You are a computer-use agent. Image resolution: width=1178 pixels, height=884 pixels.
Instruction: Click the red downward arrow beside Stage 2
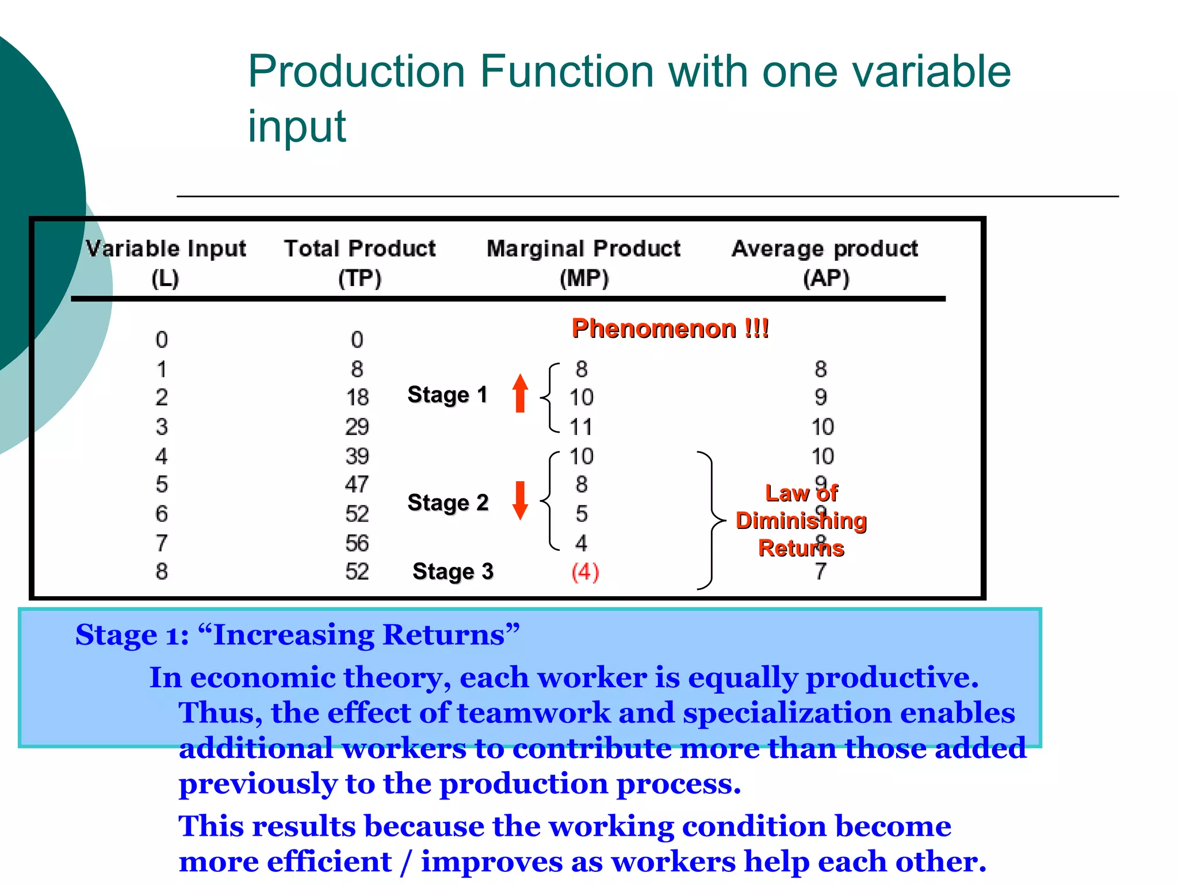521,500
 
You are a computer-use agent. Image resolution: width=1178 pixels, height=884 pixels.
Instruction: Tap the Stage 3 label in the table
453,571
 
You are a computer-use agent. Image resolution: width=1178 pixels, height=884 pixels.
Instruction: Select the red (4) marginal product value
585,572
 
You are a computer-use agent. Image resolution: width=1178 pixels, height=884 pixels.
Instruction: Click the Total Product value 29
357,427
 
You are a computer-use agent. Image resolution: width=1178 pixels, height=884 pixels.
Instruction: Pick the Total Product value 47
357,485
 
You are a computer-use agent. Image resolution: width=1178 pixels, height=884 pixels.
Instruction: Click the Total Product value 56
357,543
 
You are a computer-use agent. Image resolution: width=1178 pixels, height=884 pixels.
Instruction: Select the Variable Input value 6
162,514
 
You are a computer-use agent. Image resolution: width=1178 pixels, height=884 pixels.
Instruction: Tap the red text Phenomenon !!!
670,329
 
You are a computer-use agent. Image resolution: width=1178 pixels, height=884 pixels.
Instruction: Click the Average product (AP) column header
825,263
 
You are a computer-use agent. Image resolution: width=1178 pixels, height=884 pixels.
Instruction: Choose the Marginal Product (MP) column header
583,263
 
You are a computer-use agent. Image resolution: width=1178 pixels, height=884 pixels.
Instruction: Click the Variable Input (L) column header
166,263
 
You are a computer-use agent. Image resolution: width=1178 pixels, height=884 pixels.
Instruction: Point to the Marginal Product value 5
582,514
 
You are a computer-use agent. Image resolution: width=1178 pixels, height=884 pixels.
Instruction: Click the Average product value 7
821,571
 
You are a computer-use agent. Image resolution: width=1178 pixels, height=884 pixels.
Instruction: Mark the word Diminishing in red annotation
801,521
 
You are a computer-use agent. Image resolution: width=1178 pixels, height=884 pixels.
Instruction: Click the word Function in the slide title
567,71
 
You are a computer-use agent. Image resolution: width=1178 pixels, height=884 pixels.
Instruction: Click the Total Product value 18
357,398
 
